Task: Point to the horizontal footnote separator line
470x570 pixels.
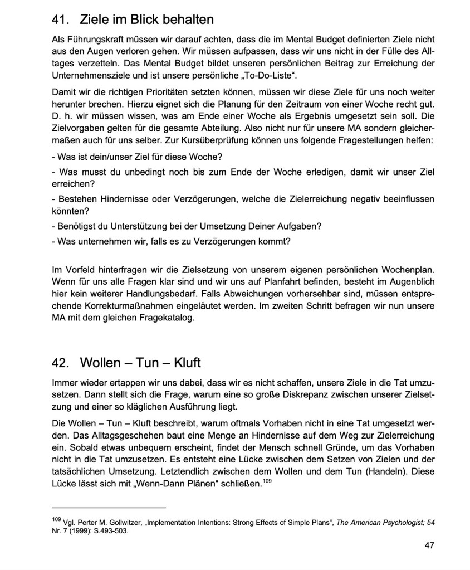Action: coord(109,508)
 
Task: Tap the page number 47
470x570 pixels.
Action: coord(429,545)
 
